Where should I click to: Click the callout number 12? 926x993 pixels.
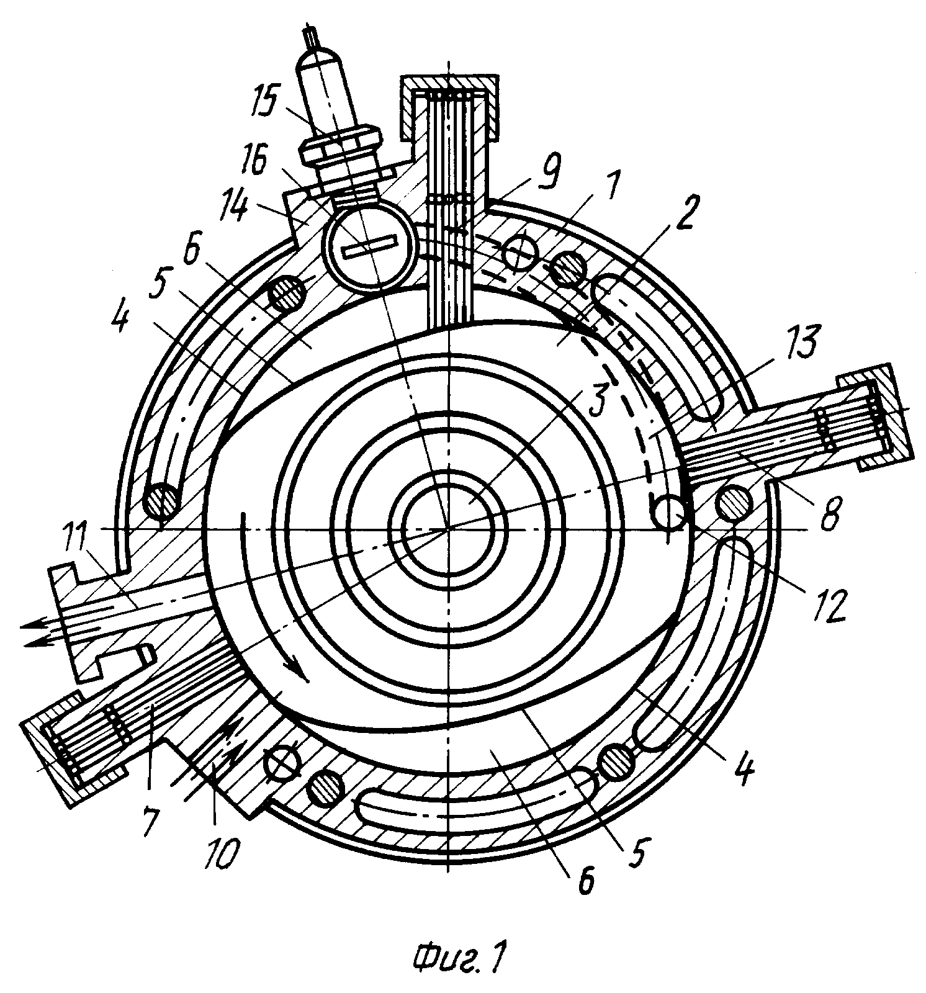[829, 604]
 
